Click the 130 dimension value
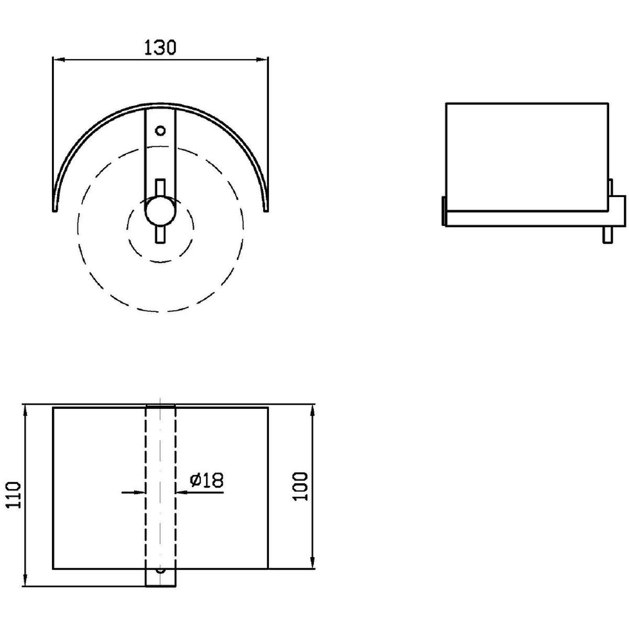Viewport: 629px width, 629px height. (160, 48)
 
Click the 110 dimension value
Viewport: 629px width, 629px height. (14, 495)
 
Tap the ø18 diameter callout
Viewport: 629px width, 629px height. (207, 480)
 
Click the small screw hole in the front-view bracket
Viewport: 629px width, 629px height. (160, 131)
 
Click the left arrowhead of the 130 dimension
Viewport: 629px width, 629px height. (59, 60)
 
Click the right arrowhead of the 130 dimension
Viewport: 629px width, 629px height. (262, 60)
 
